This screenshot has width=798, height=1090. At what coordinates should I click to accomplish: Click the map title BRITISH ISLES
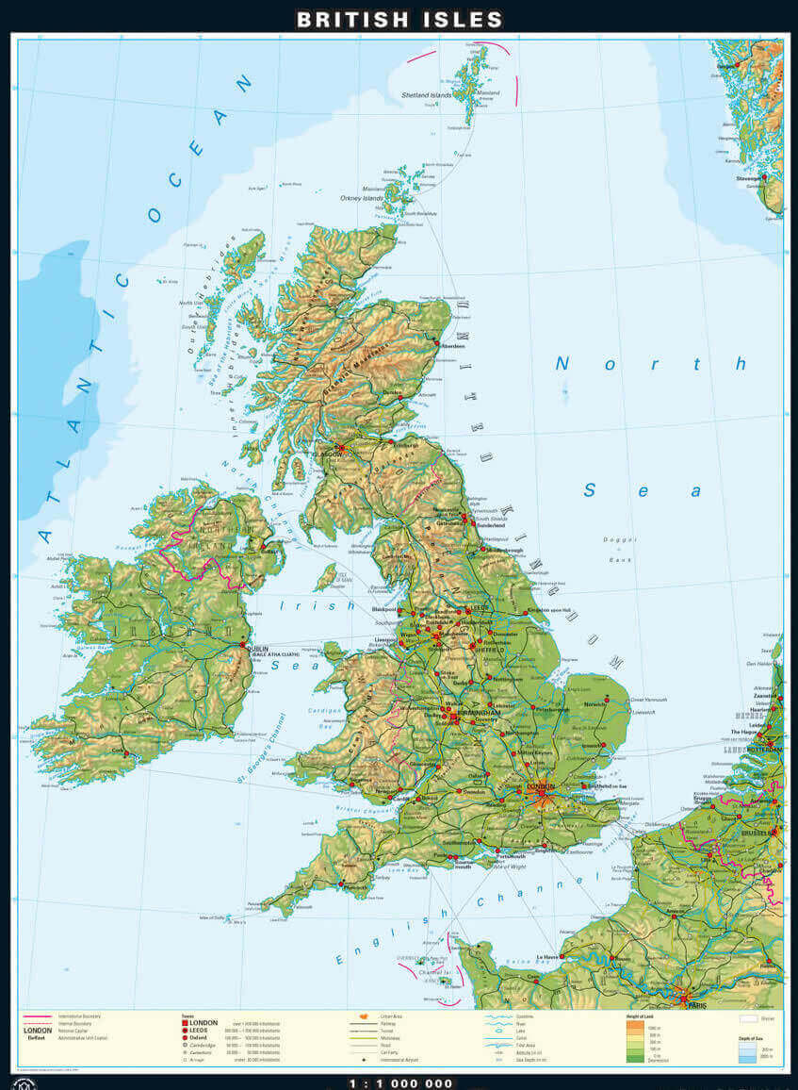click(399, 19)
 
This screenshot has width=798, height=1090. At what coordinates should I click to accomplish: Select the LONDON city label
click(543, 785)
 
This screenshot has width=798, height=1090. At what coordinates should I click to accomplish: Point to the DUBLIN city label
click(257, 648)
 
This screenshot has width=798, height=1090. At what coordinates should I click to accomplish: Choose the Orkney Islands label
click(362, 198)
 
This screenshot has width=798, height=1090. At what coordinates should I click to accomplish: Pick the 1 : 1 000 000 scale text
click(399, 1083)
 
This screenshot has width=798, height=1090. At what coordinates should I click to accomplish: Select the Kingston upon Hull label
click(551, 611)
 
